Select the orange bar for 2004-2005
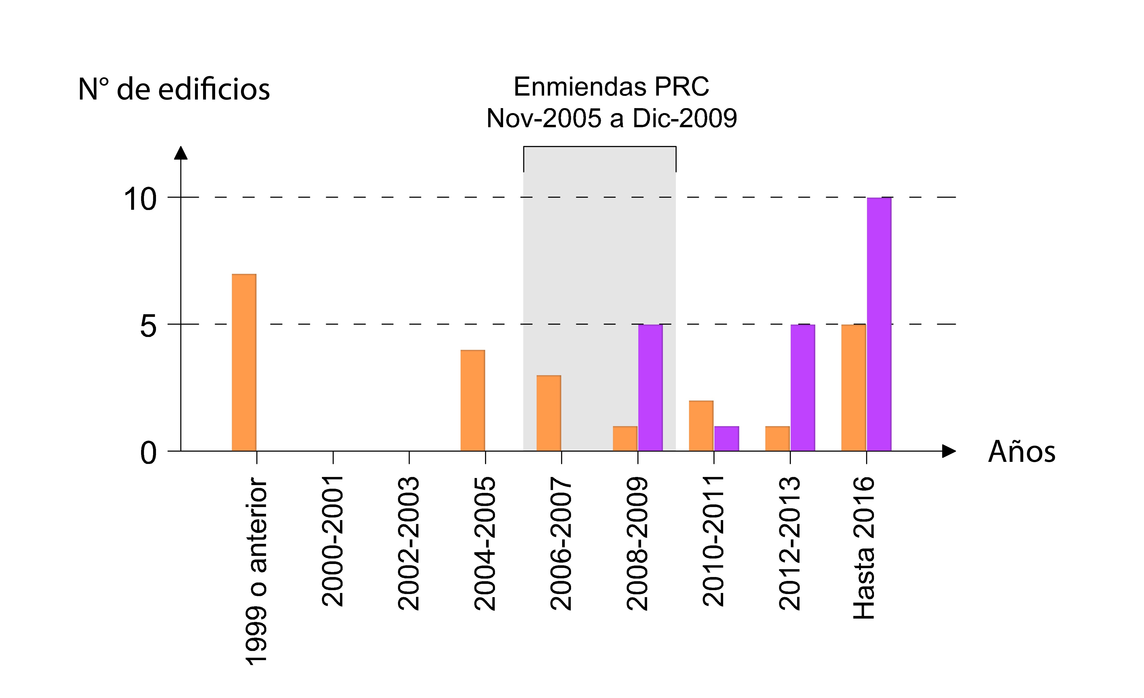(x=473, y=400)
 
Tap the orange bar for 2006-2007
(x=549, y=413)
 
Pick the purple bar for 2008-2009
(x=650, y=387)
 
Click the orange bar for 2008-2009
(x=625, y=439)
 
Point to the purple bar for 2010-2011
(x=726, y=439)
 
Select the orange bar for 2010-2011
(x=701, y=426)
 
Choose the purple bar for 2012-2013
(x=803, y=387)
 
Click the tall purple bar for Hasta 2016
(x=879, y=324)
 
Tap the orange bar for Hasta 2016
(x=853, y=387)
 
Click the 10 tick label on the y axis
(x=140, y=200)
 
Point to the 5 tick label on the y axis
(x=148, y=326)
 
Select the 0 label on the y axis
(x=148, y=453)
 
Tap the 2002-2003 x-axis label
(x=409, y=543)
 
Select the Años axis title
(x=1021, y=452)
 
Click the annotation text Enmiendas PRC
(x=611, y=87)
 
